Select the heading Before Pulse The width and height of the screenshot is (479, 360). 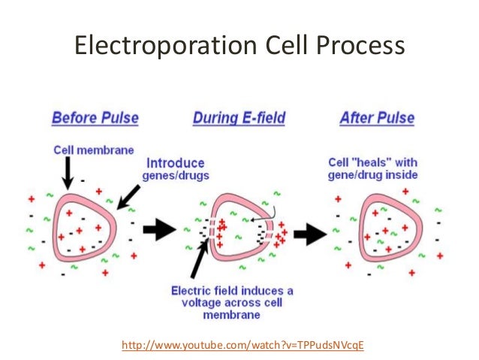coord(95,118)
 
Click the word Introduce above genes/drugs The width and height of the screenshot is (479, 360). coord(174,162)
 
